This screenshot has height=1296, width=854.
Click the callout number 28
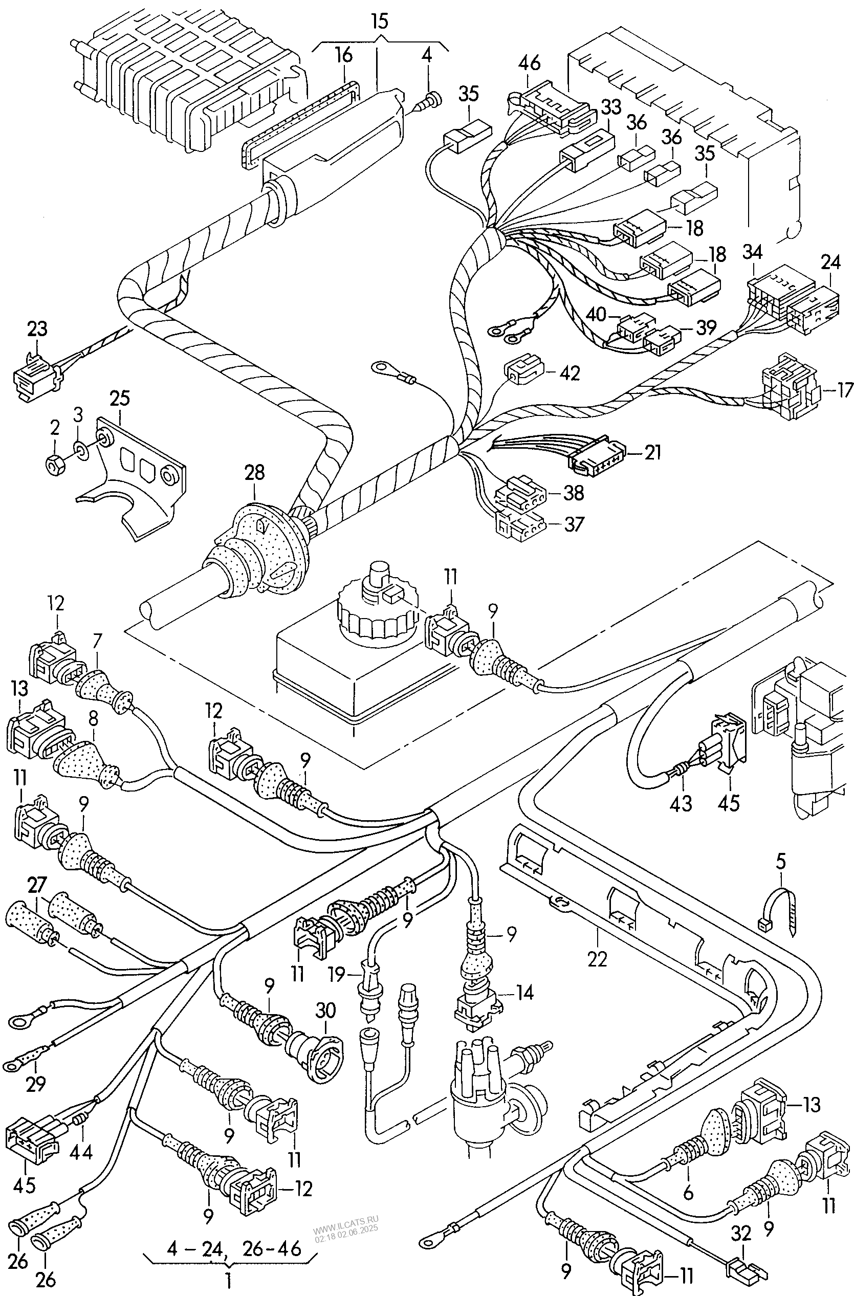(254, 473)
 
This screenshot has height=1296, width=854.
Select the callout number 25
(120, 399)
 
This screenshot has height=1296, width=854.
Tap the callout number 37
(574, 524)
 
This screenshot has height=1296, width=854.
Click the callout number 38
(574, 493)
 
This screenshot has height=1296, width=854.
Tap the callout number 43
(681, 803)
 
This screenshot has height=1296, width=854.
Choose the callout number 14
(524, 993)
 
